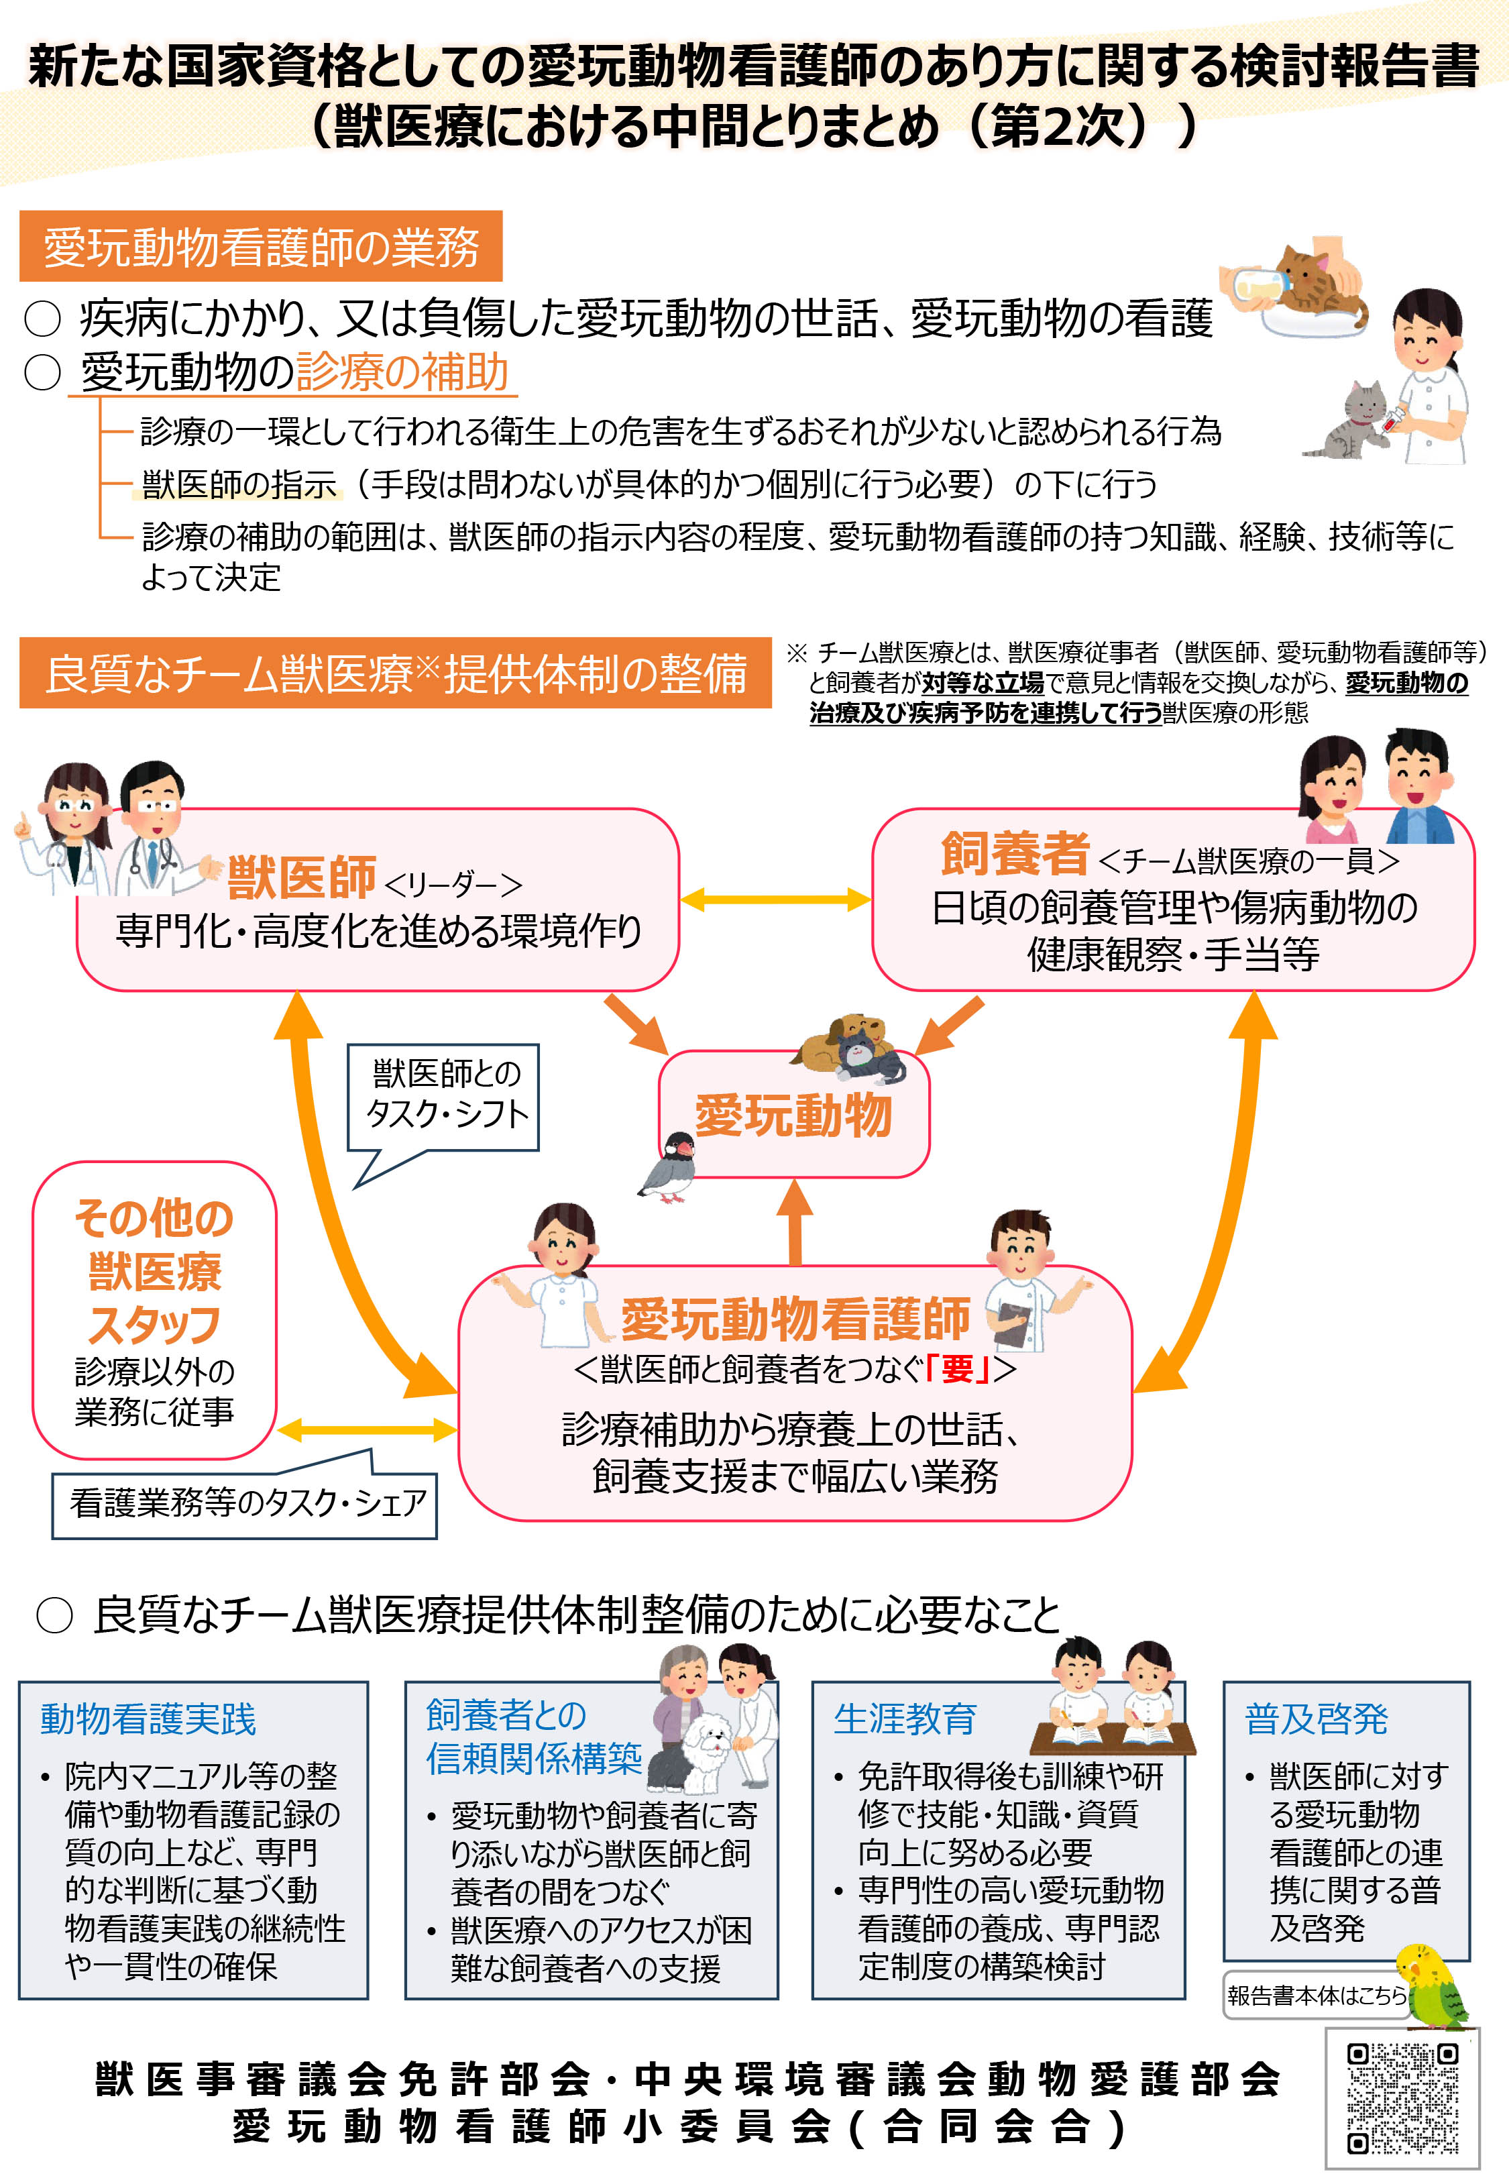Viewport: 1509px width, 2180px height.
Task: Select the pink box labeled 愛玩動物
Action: tap(794, 1115)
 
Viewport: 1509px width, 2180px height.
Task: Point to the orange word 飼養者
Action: tap(1015, 854)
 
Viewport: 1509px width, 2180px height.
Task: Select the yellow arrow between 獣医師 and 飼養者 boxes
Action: tap(775, 899)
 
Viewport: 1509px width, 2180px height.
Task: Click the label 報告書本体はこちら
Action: tap(1315, 1995)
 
